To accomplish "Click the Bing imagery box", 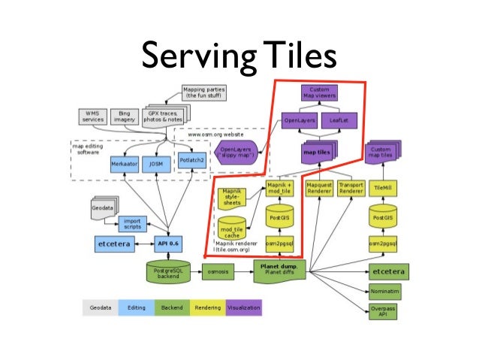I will click(125, 117).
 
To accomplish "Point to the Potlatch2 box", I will click(193, 159).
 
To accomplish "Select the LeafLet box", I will click(336, 119).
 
